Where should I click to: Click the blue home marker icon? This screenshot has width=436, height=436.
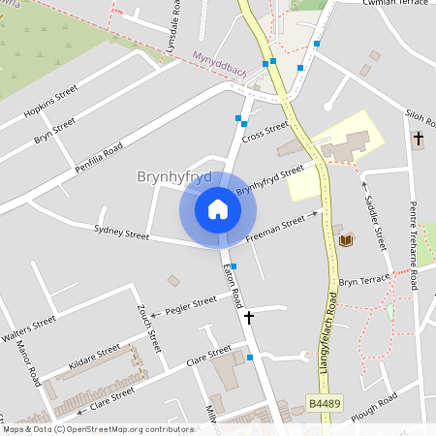coord(218,208)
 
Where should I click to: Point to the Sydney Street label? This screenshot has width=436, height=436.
coord(121,233)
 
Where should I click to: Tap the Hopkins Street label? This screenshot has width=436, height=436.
coord(50,104)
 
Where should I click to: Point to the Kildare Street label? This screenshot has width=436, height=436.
coord(94,358)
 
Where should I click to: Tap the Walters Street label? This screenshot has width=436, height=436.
coord(29,328)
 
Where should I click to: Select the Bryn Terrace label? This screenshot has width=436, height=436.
coord(363,280)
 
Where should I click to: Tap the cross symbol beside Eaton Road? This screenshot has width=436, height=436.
coord(249,317)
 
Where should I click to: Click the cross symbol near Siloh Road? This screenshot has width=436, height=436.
coord(419,140)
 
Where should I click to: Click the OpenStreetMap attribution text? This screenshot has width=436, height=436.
coord(84,429)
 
